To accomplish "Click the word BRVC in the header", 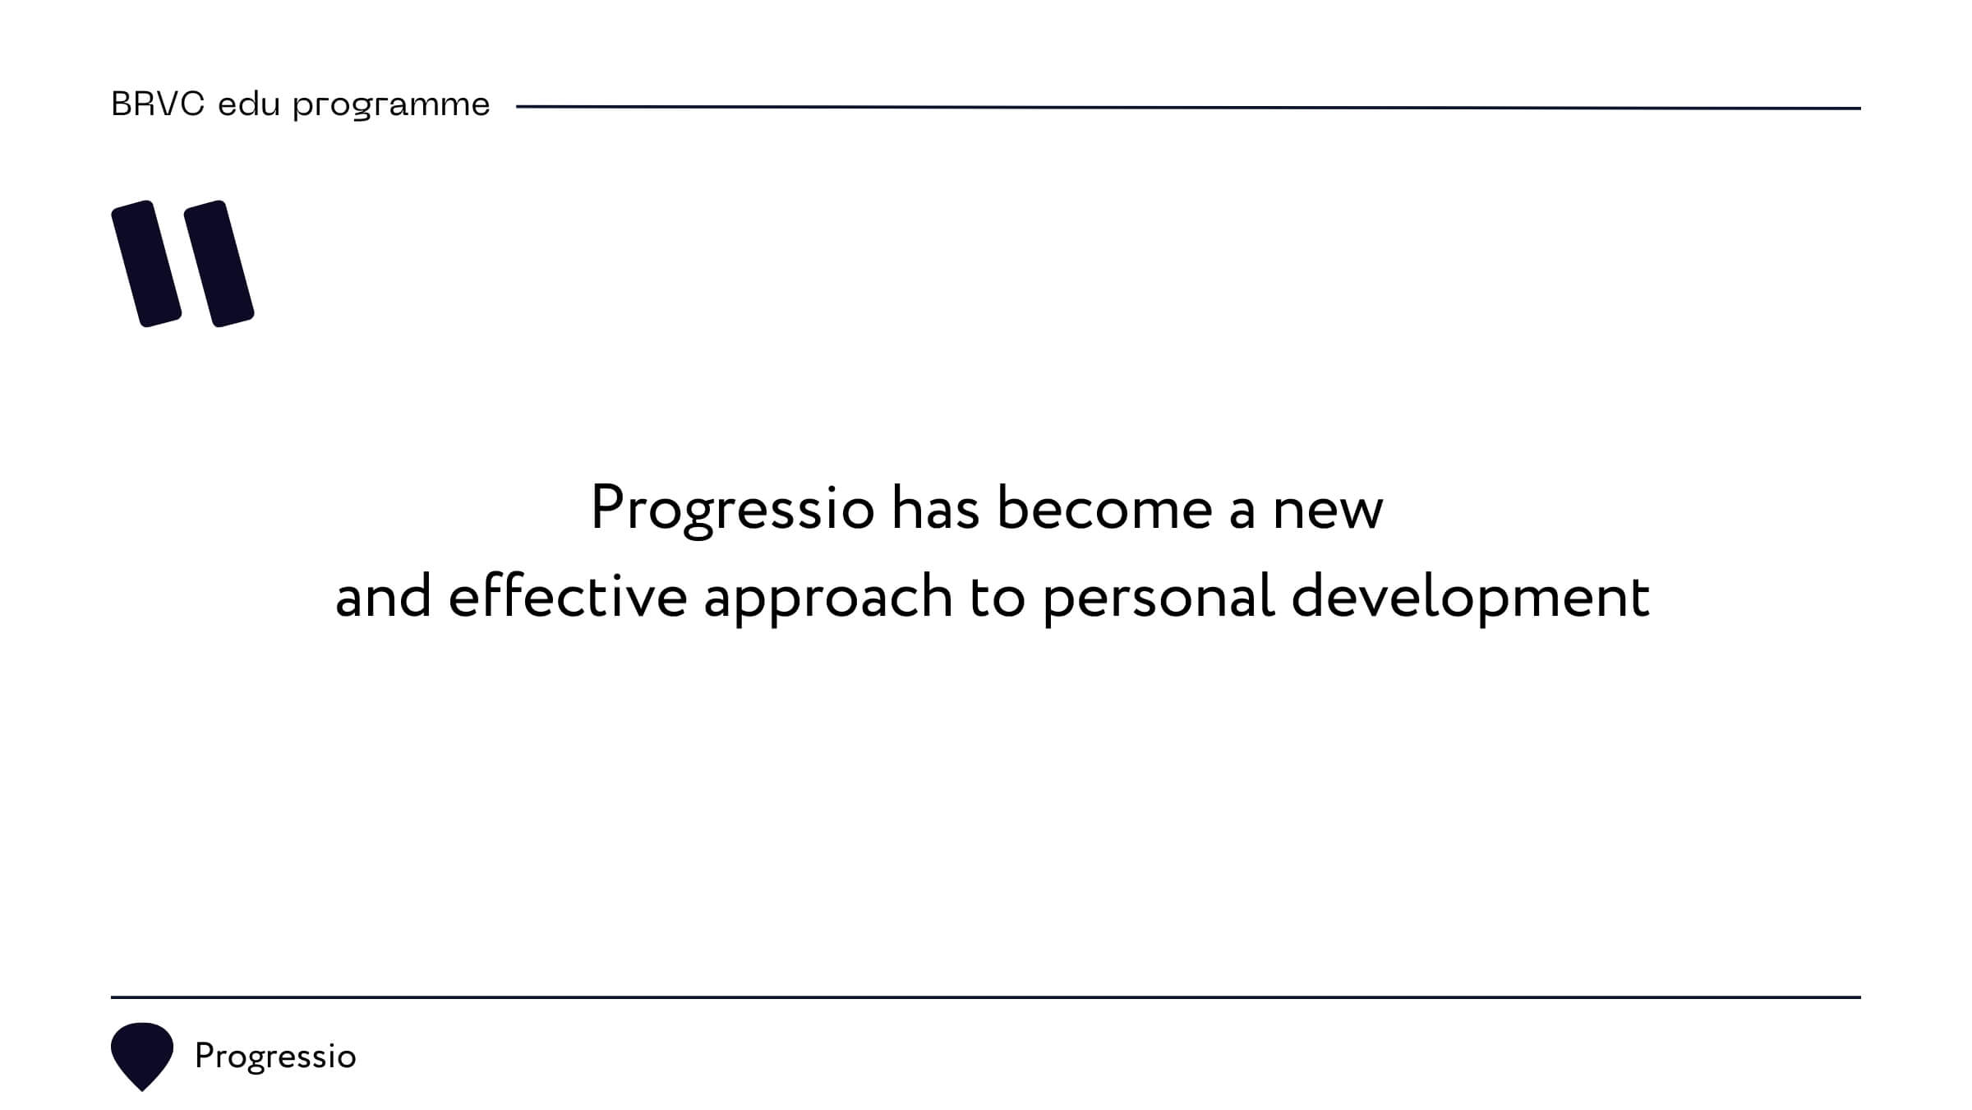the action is click(x=158, y=104).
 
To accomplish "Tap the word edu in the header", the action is click(x=249, y=104).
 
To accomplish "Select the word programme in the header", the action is click(x=391, y=106).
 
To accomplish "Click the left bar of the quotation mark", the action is click(x=146, y=264).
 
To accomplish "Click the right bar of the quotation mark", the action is click(x=219, y=264).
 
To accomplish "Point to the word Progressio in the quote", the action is click(x=733, y=510).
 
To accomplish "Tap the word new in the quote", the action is click(x=1328, y=511).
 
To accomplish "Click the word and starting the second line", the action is click(x=383, y=595).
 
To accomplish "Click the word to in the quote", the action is click(x=998, y=597).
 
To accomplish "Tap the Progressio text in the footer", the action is click(x=275, y=1057).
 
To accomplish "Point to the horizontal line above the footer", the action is click(x=986, y=997).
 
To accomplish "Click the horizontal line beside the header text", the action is click(x=1188, y=107).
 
